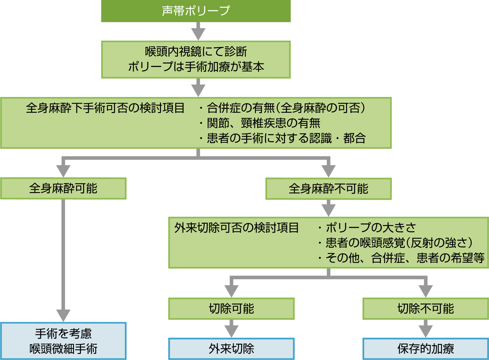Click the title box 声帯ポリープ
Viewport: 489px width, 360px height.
(x=196, y=11)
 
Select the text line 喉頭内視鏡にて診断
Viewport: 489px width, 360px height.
(x=196, y=52)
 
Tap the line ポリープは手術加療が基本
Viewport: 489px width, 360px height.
(x=196, y=67)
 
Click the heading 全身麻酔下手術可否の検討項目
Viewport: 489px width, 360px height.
(x=105, y=108)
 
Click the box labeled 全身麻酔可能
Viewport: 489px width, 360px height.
(x=63, y=188)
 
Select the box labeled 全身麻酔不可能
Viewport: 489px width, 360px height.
(x=328, y=188)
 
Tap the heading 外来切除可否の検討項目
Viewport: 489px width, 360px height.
(x=236, y=228)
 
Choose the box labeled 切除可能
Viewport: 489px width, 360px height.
(x=231, y=309)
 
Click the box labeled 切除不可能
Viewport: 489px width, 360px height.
(x=426, y=309)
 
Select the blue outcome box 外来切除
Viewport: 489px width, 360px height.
(x=231, y=349)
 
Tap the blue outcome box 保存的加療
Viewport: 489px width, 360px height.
(x=426, y=349)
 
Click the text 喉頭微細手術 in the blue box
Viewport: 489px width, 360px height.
(x=63, y=349)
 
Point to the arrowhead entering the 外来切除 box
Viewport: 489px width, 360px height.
(x=231, y=331)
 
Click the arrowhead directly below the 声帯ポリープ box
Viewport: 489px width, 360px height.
(x=198, y=34)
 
